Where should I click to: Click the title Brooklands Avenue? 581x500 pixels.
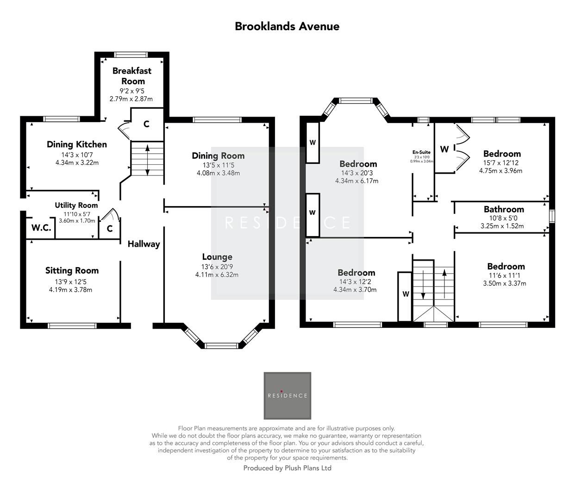click(x=287, y=26)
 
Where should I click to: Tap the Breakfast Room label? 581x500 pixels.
click(x=132, y=76)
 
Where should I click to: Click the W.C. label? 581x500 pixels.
click(x=41, y=228)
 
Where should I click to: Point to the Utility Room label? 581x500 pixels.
click(x=76, y=205)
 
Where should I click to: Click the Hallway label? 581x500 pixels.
click(x=144, y=244)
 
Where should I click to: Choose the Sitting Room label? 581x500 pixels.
click(x=72, y=270)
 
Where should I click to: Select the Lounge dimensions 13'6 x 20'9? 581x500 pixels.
click(x=217, y=267)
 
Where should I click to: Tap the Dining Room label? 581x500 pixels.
click(x=218, y=156)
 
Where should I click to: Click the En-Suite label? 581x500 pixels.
click(x=421, y=152)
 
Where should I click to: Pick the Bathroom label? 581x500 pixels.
click(x=504, y=209)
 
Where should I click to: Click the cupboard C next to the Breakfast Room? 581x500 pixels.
click(x=146, y=124)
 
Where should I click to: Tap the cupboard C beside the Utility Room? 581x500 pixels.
click(x=110, y=229)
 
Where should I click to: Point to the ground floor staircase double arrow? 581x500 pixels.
click(x=147, y=160)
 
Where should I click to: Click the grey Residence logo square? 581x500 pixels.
click(x=287, y=395)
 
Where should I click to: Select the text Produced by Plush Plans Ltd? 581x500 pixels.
click(x=287, y=468)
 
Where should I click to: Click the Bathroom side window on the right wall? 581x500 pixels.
click(x=551, y=217)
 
